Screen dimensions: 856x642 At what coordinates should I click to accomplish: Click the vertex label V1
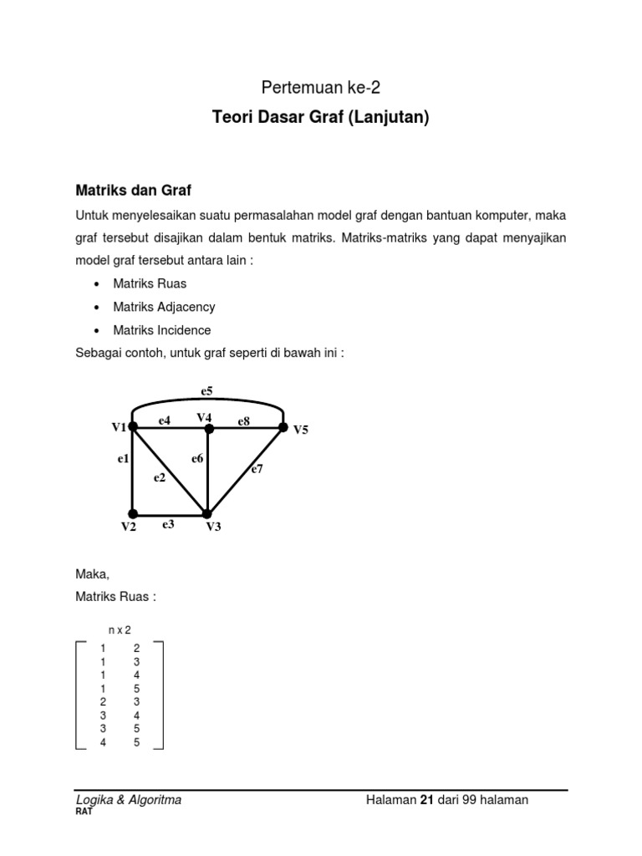[x=119, y=427]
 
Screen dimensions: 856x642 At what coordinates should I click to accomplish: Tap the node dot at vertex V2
[x=132, y=513]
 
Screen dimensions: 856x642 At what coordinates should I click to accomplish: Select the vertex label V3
[x=213, y=527]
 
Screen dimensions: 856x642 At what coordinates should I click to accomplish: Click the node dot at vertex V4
[x=208, y=429]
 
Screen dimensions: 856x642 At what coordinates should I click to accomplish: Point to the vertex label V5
[x=300, y=430]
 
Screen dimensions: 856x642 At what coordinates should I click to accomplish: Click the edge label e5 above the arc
[x=206, y=390]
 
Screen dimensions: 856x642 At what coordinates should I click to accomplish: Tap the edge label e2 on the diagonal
[x=159, y=477]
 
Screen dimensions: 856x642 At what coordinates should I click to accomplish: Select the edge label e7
[x=257, y=470]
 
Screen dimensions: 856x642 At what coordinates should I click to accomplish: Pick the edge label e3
[x=168, y=524]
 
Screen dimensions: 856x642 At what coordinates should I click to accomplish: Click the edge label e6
[x=197, y=458]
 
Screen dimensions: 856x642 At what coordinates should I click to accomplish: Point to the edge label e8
[x=243, y=421]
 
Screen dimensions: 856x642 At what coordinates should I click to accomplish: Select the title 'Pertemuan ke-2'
[x=320, y=86]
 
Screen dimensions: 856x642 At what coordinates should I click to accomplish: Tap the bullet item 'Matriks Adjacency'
[x=164, y=307]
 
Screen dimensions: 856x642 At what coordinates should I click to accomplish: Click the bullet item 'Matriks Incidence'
[x=162, y=330]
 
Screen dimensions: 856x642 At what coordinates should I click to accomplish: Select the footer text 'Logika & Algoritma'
[x=129, y=800]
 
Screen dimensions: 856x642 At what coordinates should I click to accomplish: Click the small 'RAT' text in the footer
[x=84, y=811]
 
